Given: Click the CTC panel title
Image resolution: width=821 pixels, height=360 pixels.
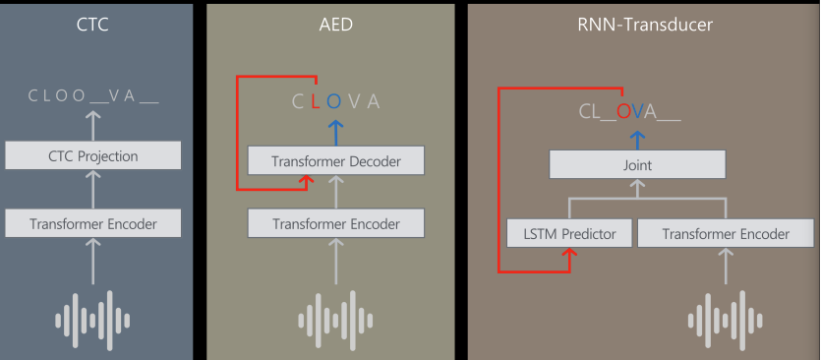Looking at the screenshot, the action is coord(92,25).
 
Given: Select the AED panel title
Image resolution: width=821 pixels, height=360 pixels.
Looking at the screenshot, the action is coord(335,25).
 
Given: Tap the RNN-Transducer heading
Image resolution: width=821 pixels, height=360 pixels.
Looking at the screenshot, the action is coord(645,25).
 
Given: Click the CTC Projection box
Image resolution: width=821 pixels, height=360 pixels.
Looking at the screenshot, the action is coord(93,155).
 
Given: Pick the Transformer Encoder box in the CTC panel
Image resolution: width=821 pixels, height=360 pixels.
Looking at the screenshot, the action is coord(93,223).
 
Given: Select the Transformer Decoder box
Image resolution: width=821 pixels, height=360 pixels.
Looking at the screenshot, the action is coord(335,161).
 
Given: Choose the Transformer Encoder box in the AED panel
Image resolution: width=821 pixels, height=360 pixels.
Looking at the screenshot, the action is coord(335,223).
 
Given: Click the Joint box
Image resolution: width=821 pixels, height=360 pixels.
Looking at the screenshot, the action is coord(637,165).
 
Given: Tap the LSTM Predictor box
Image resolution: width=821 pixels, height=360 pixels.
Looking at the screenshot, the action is coord(569,234).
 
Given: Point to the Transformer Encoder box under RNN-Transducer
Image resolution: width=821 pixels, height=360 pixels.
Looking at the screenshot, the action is coord(726,234).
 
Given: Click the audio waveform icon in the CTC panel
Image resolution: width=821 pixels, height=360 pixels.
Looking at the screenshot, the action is coord(92,321).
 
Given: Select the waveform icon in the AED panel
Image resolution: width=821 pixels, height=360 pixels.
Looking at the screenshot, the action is coord(335,321).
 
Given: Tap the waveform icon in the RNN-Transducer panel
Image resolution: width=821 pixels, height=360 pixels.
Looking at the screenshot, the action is coord(726,321).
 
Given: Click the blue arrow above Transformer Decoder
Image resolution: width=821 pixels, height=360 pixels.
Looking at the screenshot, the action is coord(335,133).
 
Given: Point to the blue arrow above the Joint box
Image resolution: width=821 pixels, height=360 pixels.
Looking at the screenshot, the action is coord(637,141).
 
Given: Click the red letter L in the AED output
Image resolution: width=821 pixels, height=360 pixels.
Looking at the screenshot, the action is coord(316,101).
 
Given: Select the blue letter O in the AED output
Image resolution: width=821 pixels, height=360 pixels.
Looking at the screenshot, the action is coord(334,101).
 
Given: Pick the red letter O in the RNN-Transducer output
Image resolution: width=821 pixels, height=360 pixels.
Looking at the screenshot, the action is coord(623,111).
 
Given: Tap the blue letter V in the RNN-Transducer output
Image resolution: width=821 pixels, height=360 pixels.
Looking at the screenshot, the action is coord(637,111).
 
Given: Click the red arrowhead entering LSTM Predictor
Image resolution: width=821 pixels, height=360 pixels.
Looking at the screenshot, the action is coord(569,252).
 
